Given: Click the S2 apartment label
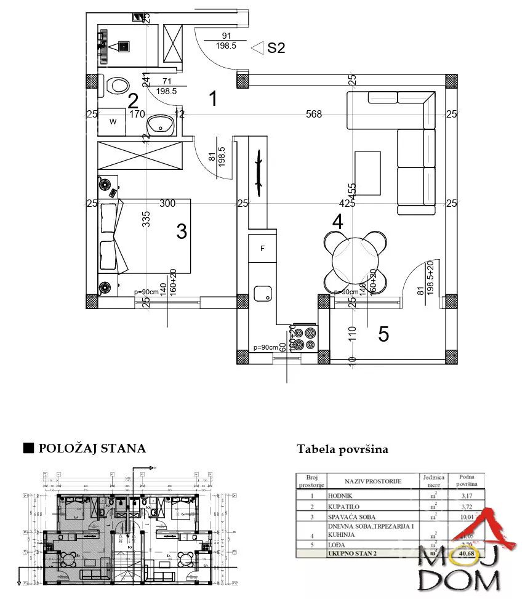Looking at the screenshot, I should pos(276,47).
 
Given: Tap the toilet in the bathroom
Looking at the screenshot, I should pos(116,85).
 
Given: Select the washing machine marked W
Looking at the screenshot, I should pos(113,122).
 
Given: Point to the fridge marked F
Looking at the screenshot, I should pos(263,249).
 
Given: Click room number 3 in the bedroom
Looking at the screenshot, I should pos(181,231).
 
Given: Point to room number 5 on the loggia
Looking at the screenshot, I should pos(383,334).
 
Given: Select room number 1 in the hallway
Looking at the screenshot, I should pos(213,98).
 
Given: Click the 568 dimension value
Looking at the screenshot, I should pos(315,114).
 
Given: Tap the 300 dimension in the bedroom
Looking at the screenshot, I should pos(167,203).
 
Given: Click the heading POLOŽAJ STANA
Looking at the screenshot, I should pos(92,448).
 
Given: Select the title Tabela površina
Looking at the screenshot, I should pos(342,449).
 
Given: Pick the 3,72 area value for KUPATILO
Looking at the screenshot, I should pos(467,505).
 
